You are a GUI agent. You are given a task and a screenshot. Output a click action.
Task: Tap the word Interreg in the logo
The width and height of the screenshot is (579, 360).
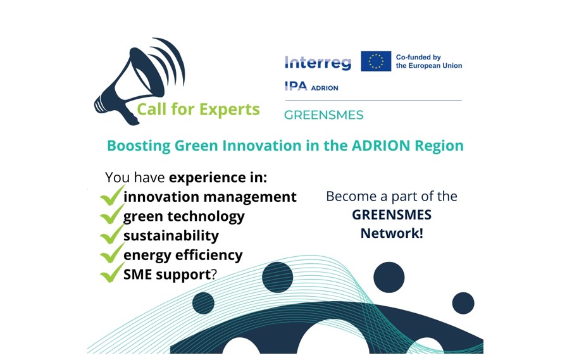[318, 62]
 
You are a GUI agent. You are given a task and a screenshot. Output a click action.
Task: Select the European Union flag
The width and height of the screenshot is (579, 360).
[376, 61]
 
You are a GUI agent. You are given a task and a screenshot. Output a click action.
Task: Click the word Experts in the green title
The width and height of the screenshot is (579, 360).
[230, 109]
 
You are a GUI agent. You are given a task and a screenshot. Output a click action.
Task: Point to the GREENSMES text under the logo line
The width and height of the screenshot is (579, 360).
[324, 115]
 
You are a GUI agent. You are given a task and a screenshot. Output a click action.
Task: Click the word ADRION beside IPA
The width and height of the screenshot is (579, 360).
[325, 88]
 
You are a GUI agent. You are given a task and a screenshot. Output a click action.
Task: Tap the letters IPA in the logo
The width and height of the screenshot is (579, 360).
[296, 86]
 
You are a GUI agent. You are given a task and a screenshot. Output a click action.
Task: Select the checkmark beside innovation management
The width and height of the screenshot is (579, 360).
[112, 195]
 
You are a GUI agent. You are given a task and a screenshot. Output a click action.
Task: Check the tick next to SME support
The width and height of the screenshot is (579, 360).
[112, 273]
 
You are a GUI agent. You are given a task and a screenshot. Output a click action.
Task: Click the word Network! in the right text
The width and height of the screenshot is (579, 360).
[392, 233]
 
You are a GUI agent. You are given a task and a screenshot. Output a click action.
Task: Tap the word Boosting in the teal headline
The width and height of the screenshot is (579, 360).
[139, 146]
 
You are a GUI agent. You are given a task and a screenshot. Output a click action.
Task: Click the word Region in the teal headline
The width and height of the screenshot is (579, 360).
[439, 146]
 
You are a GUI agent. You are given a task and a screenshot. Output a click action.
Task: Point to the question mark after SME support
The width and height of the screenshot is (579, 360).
[214, 275]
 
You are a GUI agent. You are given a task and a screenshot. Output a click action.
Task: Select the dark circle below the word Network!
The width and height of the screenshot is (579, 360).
[389, 277]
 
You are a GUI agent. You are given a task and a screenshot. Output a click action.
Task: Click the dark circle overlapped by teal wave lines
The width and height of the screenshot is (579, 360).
[277, 277]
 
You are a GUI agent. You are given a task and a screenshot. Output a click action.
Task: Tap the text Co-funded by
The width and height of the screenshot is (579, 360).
[418, 57]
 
